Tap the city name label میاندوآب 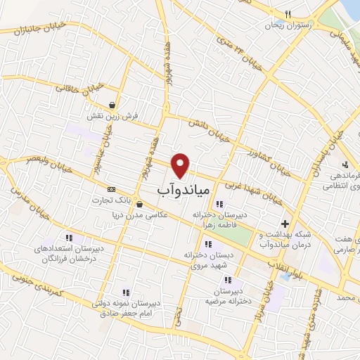pyautogui.click(x=181, y=191)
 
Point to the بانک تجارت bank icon pyautogui.click(x=111, y=190)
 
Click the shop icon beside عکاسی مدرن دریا pyautogui.click(x=139, y=205)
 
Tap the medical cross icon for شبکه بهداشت pyautogui.click(x=285, y=224)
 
